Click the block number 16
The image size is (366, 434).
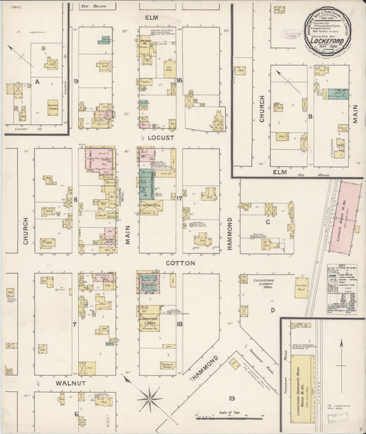(179, 80)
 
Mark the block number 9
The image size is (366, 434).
(77, 82)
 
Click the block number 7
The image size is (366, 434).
(76, 323)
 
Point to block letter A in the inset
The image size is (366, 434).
(36, 82)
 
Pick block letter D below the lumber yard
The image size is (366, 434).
(272, 310)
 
